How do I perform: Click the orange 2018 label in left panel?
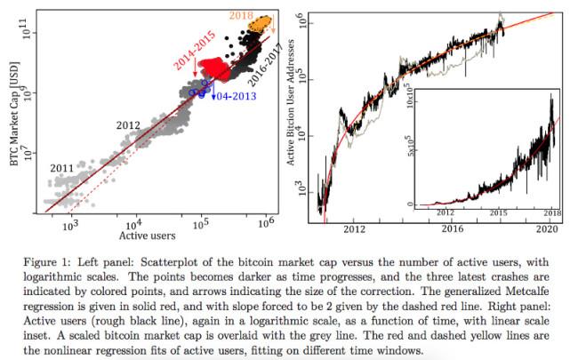click(x=242, y=14)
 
